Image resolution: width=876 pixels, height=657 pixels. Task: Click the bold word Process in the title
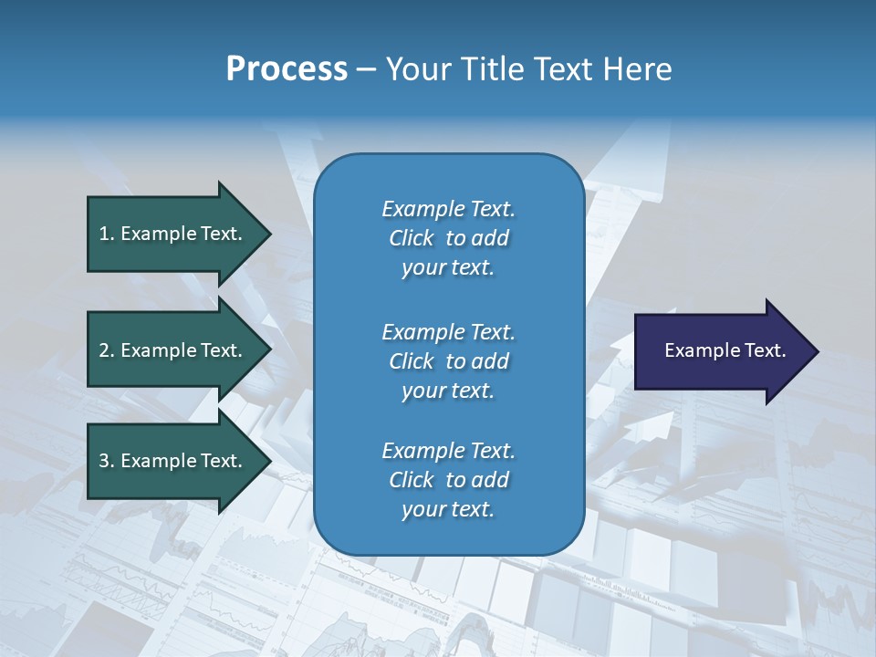click(x=287, y=69)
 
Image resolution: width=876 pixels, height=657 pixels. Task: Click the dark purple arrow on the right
click(x=721, y=351)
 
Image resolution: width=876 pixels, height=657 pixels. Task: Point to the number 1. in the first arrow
click(x=106, y=234)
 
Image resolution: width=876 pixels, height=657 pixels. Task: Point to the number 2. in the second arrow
click(x=106, y=350)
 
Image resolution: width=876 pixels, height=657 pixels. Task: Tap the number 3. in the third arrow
click(x=106, y=461)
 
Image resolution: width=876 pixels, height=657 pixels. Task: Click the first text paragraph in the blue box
click(x=448, y=238)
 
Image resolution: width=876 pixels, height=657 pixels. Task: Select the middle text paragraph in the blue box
click(x=448, y=360)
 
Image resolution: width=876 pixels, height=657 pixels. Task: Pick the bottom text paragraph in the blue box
click(x=448, y=480)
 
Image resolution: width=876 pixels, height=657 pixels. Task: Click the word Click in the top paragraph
click(x=412, y=238)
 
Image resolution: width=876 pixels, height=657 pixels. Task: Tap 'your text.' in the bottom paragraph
click(x=448, y=509)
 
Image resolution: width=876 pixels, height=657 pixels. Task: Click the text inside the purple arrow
click(x=725, y=350)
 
